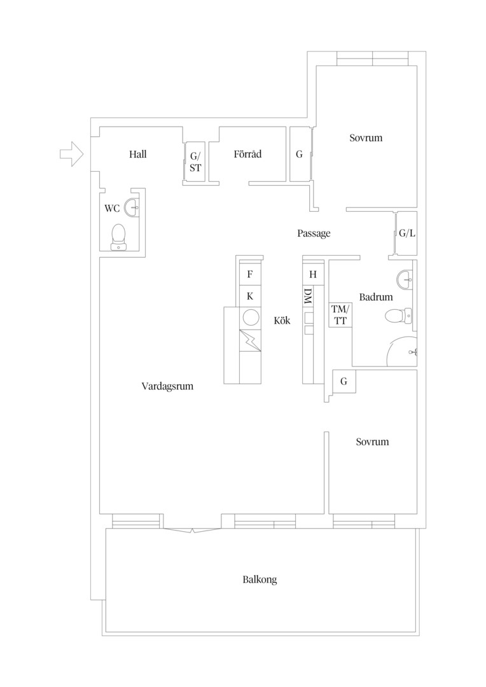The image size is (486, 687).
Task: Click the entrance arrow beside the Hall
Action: (x=71, y=154)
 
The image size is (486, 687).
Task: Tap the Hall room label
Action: (x=137, y=154)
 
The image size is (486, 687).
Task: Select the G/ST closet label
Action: (x=195, y=162)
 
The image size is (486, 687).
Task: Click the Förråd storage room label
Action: (x=247, y=154)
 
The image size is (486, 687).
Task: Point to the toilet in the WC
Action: (x=118, y=237)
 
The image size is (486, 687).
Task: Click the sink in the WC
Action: (x=132, y=207)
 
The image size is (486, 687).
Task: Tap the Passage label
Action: (x=314, y=233)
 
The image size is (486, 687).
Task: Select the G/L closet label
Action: (x=406, y=233)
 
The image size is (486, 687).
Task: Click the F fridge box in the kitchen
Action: (x=250, y=274)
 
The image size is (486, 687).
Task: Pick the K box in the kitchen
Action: (x=250, y=296)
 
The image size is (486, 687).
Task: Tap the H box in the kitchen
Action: (x=313, y=274)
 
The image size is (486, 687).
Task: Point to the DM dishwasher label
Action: (x=307, y=297)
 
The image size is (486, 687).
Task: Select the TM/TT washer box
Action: (x=340, y=315)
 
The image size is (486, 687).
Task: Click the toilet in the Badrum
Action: (x=399, y=315)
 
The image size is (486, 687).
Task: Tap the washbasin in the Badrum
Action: (x=405, y=278)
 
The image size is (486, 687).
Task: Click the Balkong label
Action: (x=260, y=579)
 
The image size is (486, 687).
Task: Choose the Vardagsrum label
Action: (x=167, y=387)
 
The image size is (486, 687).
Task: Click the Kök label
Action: (x=282, y=320)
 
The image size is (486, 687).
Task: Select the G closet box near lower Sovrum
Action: (x=344, y=381)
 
